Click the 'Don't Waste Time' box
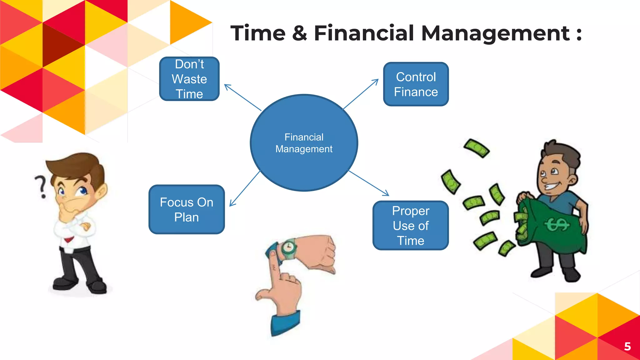pyautogui.click(x=189, y=79)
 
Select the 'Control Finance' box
pyautogui.click(x=416, y=84)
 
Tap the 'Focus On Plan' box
pyautogui.click(x=187, y=209)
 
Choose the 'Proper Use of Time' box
pyautogui.click(x=411, y=225)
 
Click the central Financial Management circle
pyautogui.click(x=304, y=143)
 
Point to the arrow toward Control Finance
pyautogui.click(x=361, y=94)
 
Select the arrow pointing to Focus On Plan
pyautogui.click(x=245, y=189)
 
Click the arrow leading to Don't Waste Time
pyautogui.click(x=242, y=97)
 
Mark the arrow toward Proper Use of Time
pyautogui.click(x=369, y=183)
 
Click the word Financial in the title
pyautogui.click(x=364, y=33)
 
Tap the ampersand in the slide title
pyautogui.click(x=299, y=33)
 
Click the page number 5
pyautogui.click(x=627, y=346)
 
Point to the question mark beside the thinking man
pyautogui.click(x=41, y=187)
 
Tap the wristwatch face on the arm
pyautogui.click(x=288, y=248)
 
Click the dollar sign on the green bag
pyautogui.click(x=557, y=224)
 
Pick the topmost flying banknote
pyautogui.click(x=476, y=148)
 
